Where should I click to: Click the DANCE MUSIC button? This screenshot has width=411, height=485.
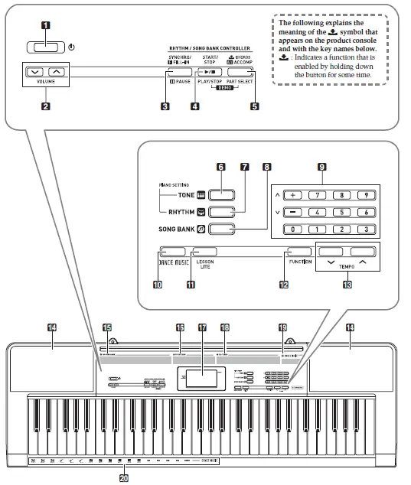[174, 251]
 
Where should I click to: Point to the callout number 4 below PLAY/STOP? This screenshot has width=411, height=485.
[195, 106]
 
